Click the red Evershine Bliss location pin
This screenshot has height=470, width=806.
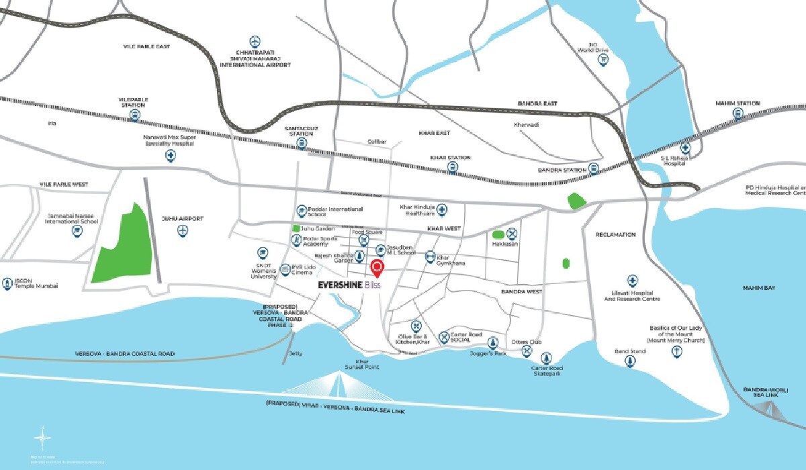click(x=377, y=269)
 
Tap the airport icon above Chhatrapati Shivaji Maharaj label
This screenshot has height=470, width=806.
click(x=255, y=42)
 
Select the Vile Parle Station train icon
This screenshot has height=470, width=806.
click(x=134, y=115)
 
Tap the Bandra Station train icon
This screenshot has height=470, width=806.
click(x=594, y=169)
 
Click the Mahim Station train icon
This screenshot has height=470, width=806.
click(x=738, y=114)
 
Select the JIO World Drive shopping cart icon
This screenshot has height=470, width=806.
click(x=603, y=60)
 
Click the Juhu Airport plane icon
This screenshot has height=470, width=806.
click(x=182, y=230)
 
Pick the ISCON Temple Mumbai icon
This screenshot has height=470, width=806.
click(x=7, y=283)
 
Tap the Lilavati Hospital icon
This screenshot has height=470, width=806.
click(x=632, y=280)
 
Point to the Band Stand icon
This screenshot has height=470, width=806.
click(x=630, y=362)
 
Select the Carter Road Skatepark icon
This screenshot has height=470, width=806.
click(x=547, y=359)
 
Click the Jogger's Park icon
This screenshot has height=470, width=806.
click(x=492, y=342)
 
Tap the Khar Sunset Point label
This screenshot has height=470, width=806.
click(x=363, y=364)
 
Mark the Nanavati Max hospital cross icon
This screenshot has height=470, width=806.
click(x=171, y=156)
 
